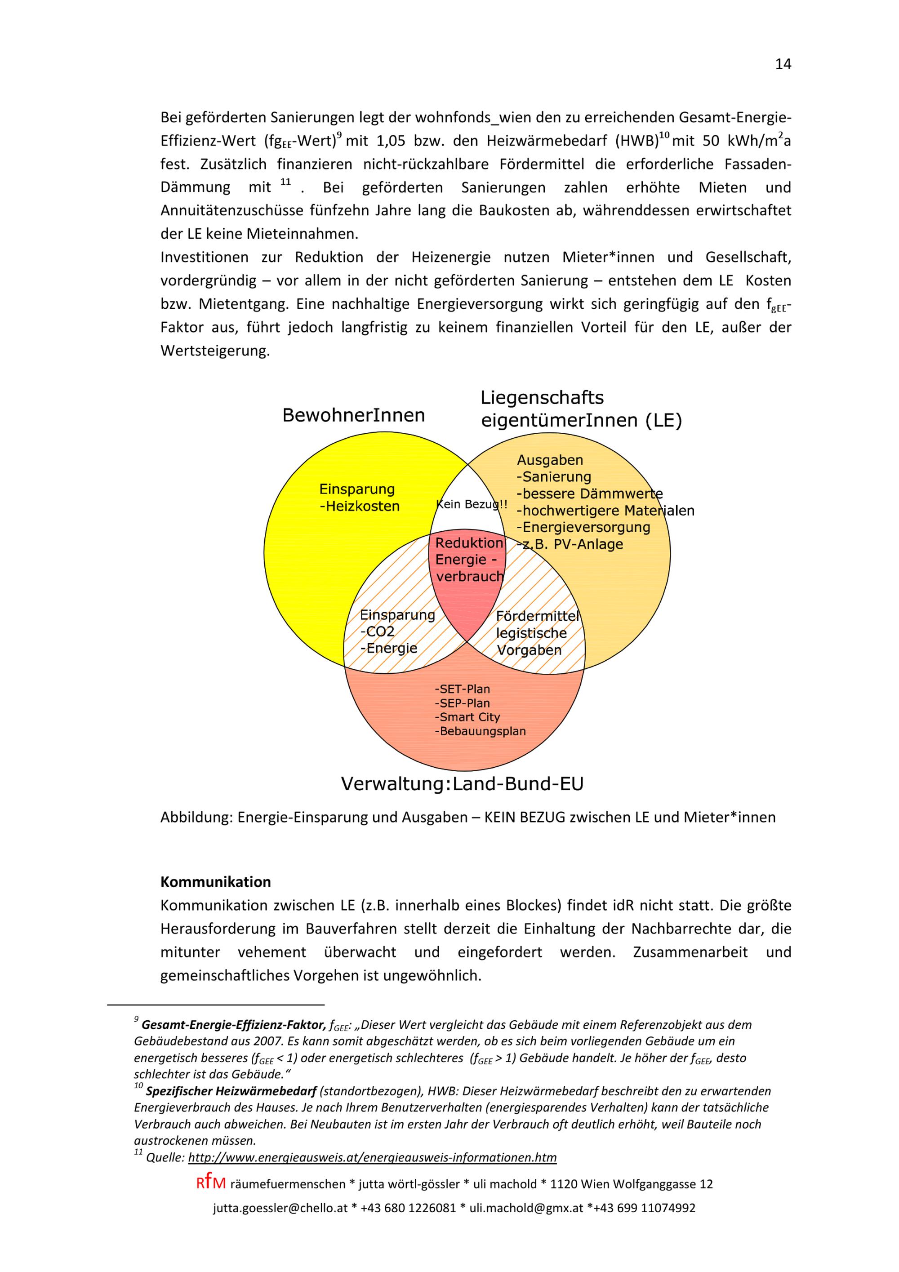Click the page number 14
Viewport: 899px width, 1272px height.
pos(783,64)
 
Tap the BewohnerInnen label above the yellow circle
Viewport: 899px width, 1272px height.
pos(353,415)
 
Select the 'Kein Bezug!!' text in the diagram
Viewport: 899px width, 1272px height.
pos(472,504)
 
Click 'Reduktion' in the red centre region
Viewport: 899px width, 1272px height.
pos(469,543)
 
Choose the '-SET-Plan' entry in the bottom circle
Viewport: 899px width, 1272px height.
pos(462,689)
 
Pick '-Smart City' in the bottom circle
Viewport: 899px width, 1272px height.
pos(467,717)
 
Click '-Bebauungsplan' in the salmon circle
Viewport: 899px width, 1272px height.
pos(480,731)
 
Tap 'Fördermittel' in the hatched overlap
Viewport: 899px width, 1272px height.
pos(537,616)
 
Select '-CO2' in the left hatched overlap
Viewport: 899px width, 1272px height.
pos(377,632)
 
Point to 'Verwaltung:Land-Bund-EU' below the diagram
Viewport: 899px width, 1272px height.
pos(462,784)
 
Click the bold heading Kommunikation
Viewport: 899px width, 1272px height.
pos(215,882)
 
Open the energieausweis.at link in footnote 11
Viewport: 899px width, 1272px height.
pos(372,1157)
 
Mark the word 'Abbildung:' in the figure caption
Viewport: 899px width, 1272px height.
pos(196,817)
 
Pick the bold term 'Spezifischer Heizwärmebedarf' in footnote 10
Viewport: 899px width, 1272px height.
pos(231,1091)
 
